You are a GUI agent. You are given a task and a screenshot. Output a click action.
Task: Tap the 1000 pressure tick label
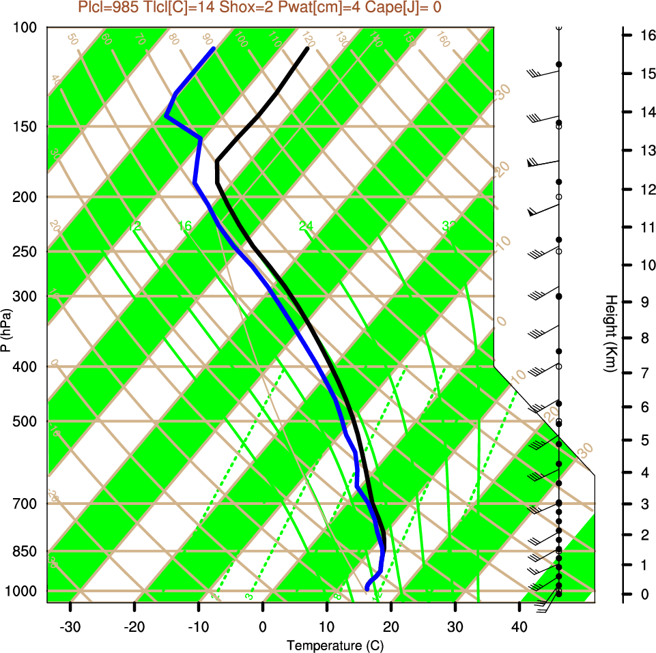tap(25, 590)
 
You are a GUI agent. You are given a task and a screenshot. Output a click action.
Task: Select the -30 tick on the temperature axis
tap(70, 627)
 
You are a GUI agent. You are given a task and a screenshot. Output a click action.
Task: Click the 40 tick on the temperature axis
tap(519, 627)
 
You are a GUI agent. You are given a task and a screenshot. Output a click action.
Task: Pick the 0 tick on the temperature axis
tap(263, 627)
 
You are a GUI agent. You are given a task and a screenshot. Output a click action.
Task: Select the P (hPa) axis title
tap(6, 330)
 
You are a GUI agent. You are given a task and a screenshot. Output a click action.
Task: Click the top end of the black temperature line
tap(308, 48)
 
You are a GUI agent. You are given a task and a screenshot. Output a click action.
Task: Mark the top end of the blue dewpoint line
tap(214, 48)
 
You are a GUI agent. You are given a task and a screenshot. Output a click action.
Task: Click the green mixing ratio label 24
tap(306, 225)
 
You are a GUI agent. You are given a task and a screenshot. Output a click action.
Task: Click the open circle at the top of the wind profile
tap(558, 27)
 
